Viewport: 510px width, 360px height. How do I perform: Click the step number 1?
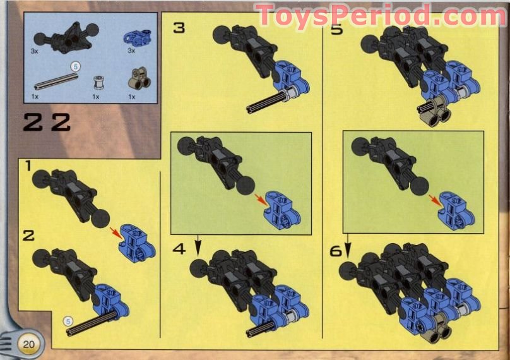pos(27,166)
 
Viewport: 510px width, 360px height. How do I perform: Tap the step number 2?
pos(28,236)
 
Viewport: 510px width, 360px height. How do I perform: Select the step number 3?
pos(179,28)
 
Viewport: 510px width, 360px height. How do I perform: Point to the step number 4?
pos(179,249)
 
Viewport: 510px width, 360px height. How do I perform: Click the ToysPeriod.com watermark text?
pos(381,15)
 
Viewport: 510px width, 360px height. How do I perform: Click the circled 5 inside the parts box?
pos(74,65)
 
